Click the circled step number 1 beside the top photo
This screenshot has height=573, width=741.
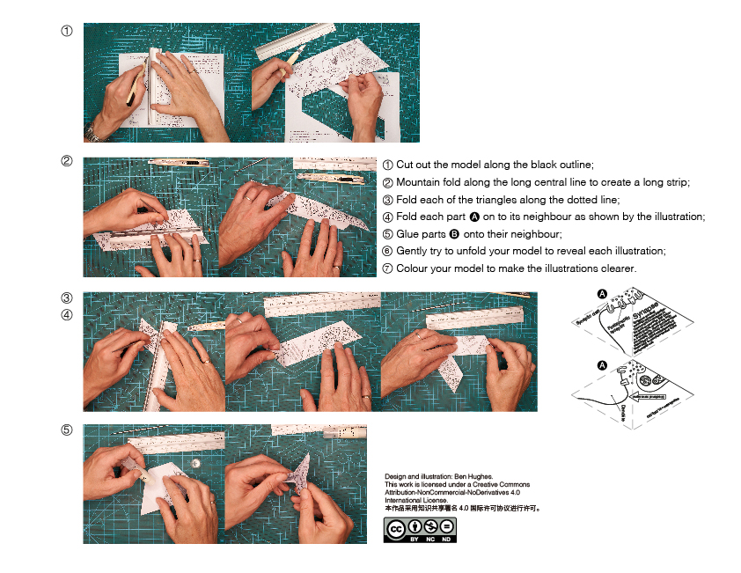67,32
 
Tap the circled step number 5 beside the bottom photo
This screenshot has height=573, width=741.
67,431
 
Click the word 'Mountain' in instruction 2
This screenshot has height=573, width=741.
419,182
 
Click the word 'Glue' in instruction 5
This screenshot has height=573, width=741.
407,234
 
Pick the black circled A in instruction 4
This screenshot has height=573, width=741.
474,217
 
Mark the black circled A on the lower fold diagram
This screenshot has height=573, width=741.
602,364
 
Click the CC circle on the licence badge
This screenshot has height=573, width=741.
396,528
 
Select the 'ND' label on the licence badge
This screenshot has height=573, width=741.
447,539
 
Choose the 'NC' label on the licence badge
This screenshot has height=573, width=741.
430,539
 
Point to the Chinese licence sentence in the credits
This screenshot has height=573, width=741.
462,508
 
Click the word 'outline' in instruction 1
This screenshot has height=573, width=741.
575,165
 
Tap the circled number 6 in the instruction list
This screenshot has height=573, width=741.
388,251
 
